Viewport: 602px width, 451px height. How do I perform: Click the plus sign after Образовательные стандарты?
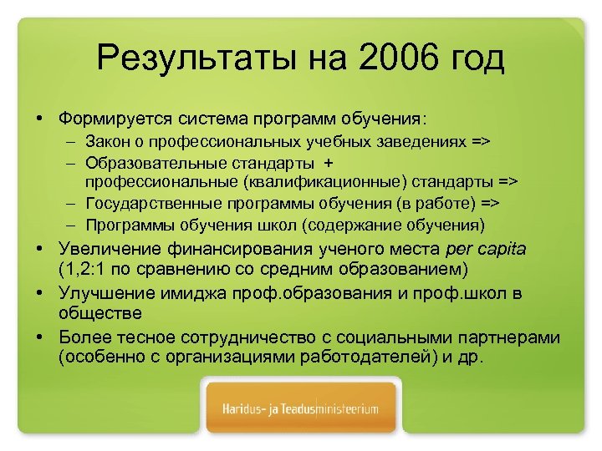click(x=329, y=162)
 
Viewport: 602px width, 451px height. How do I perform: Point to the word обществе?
click(x=100, y=313)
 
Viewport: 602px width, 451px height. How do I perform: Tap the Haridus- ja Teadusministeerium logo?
click(x=301, y=409)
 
